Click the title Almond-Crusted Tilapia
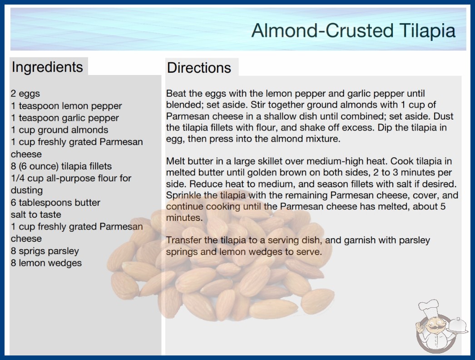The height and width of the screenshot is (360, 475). pos(353,31)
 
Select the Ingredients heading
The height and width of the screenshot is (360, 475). pos(47,67)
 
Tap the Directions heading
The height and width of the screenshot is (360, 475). pos(199,68)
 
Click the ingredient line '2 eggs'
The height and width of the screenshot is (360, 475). pos(25,94)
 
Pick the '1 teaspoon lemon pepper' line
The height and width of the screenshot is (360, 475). pos(66,106)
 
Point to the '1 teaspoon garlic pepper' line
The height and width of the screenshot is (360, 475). pos(65,118)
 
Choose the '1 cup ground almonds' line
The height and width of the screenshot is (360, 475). pos(59,130)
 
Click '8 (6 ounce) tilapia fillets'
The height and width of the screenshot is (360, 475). pos(61,166)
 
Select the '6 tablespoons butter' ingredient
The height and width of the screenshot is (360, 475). pos(55,202)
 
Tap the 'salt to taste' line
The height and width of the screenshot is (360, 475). pos(36,215)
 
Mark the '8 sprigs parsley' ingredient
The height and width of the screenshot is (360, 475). pos(45,251)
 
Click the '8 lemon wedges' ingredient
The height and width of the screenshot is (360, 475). pos(46,263)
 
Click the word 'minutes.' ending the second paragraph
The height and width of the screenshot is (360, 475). pos(184,218)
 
